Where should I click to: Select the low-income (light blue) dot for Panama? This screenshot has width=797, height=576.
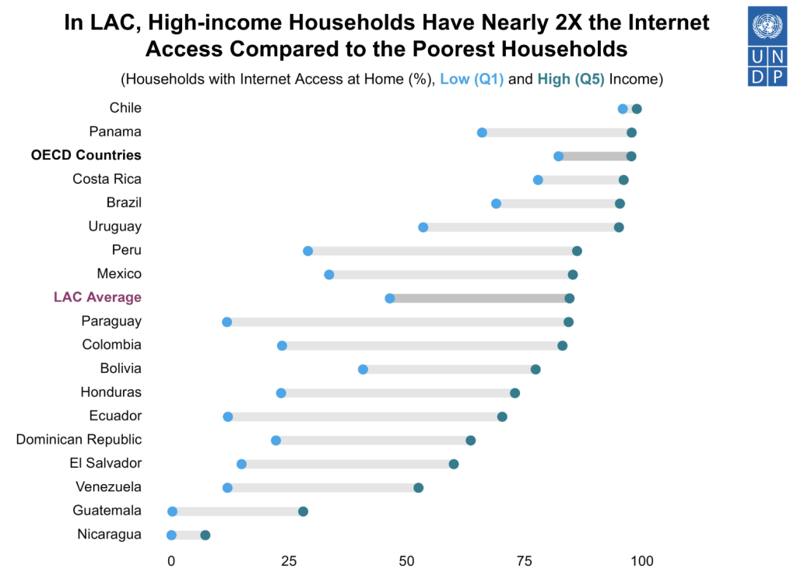click(482, 132)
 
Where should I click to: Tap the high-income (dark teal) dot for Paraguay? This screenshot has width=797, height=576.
click(568, 322)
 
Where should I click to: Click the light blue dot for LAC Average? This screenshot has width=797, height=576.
click(390, 298)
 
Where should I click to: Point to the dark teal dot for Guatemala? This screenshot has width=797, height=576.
click(303, 511)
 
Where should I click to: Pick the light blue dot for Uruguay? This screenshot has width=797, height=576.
click(423, 227)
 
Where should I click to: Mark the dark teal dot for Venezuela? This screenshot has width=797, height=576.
click(418, 488)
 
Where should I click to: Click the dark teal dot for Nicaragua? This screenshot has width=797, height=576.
click(205, 535)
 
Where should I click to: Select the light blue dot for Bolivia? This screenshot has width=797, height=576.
click(363, 369)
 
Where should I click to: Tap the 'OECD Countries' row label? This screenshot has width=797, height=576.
click(86, 155)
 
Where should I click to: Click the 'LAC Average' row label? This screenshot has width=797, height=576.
click(97, 297)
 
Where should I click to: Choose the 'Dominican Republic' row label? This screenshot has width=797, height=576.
click(79, 440)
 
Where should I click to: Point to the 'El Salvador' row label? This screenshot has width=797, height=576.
click(105, 463)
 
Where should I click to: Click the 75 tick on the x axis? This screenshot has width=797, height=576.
click(524, 560)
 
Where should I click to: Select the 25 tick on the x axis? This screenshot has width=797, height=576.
click(289, 560)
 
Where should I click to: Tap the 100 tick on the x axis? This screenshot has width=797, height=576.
click(641, 560)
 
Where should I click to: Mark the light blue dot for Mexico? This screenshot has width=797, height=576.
click(329, 275)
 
